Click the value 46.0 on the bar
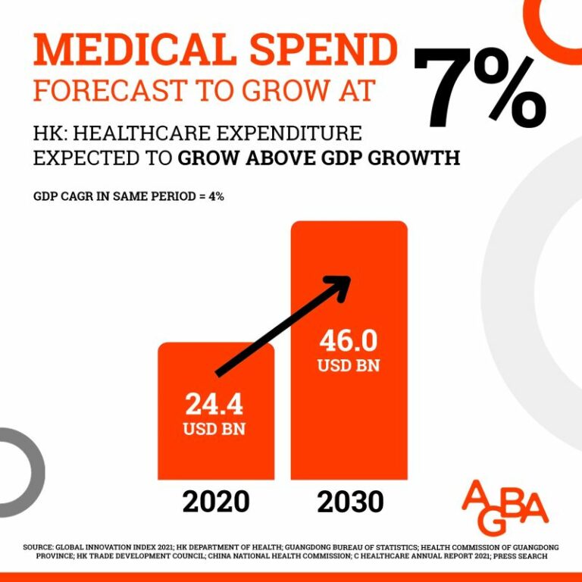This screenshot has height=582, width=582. [x=349, y=341]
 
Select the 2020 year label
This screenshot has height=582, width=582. [x=216, y=502]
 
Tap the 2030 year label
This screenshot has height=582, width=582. [x=350, y=502]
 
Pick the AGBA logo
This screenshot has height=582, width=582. [x=505, y=503]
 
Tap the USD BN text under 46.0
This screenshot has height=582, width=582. [x=349, y=365]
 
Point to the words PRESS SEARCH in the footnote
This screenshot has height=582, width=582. [x=520, y=556]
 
